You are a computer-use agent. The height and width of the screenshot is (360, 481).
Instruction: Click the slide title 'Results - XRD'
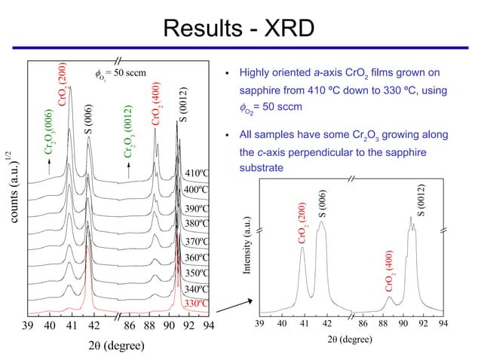[x=240, y=29]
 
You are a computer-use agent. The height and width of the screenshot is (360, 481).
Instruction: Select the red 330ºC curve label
[x=196, y=304]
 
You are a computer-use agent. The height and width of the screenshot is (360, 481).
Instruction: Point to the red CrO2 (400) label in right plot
[x=390, y=271]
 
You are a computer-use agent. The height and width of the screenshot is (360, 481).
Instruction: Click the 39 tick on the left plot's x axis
[x=29, y=325]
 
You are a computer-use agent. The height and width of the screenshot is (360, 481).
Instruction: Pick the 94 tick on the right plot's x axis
[x=444, y=322]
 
